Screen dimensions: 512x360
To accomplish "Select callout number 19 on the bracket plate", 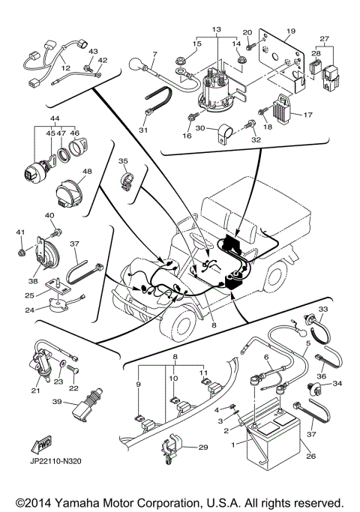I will click(x=292, y=31).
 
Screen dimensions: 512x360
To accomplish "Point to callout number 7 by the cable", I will click(x=154, y=54).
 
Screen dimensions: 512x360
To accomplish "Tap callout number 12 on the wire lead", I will click(x=65, y=67).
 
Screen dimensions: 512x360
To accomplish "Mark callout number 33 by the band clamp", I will click(x=324, y=310).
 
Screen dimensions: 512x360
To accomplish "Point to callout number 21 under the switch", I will click(x=36, y=389).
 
